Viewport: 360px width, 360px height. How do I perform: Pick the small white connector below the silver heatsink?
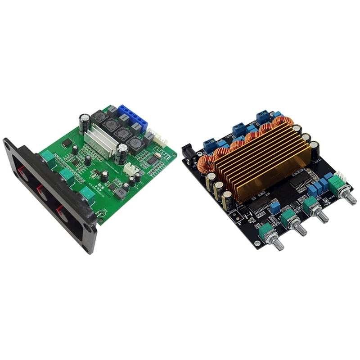[130, 169]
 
